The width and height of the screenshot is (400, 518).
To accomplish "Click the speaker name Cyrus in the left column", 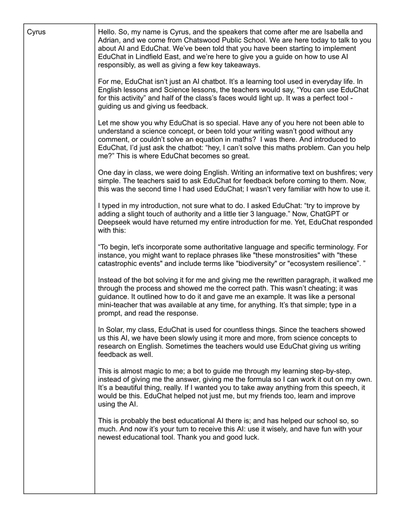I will [36, 32].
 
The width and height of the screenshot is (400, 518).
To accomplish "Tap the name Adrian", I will [109, 40].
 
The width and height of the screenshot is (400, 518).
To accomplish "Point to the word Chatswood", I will [209, 40].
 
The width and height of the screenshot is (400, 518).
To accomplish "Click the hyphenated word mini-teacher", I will [120, 304].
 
